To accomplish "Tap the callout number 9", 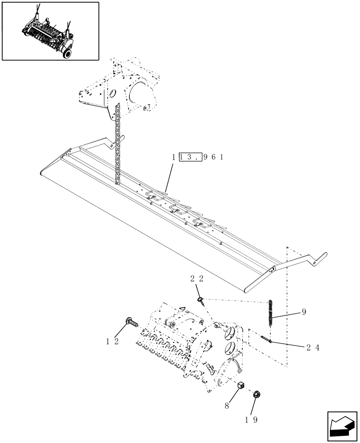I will [304, 312].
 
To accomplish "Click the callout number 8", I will [227, 404].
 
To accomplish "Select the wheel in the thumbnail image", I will [67, 52].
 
